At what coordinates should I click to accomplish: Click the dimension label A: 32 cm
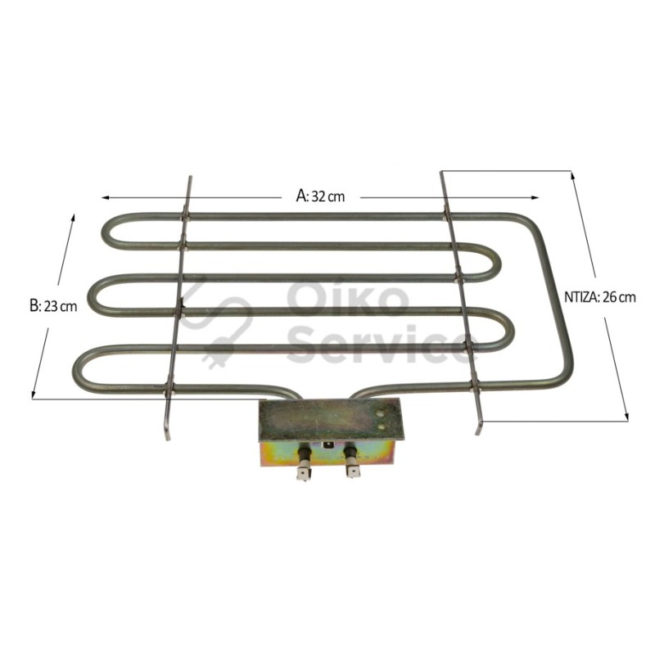pos(320,196)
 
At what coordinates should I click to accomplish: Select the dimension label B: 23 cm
pos(53,306)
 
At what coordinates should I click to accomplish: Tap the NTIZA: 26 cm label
pos(600,297)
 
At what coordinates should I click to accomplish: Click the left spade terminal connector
pos(304,473)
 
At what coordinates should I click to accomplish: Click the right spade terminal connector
pos(352,471)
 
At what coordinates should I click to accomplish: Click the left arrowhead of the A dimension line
pos(106,197)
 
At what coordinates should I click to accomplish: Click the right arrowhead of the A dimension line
pos(535,197)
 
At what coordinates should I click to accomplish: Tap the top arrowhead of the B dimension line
pos(73,218)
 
